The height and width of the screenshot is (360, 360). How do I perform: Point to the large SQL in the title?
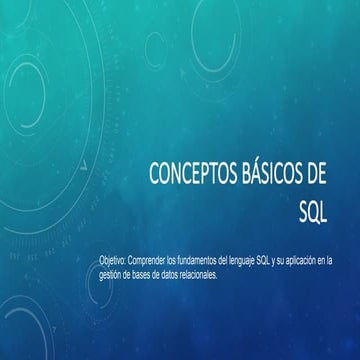point(316,213)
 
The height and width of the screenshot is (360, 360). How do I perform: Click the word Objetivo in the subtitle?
point(112,259)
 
